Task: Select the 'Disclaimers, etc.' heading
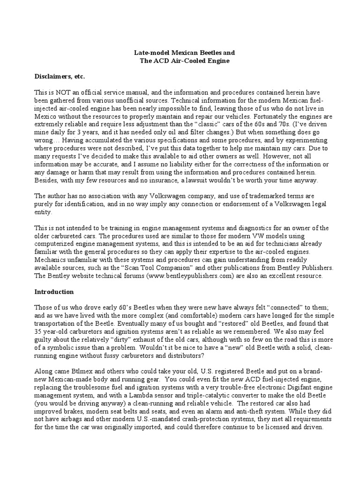coord(60,76)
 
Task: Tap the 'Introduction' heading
coord(54,291)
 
